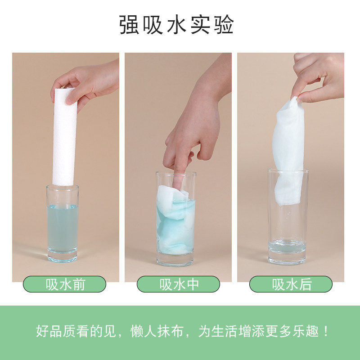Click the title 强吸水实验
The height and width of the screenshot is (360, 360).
[x=176, y=25]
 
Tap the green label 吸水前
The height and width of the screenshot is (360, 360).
[x=64, y=284]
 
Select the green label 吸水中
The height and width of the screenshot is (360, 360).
[x=178, y=284]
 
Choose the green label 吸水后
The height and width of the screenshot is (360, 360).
[x=291, y=284]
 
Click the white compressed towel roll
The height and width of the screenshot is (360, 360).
[x=64, y=137]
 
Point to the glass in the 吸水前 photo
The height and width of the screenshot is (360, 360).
[x=63, y=223]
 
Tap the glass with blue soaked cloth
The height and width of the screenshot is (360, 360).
[x=175, y=219]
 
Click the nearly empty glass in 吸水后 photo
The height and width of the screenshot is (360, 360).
[x=288, y=216]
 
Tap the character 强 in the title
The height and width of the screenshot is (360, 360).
[x=129, y=25]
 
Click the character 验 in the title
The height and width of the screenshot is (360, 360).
[x=224, y=25]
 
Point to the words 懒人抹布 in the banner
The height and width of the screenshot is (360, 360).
[x=157, y=331]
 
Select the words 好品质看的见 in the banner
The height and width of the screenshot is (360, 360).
[x=76, y=331]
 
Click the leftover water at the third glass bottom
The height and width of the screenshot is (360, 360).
[x=287, y=246]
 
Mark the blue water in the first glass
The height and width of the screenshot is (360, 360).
[x=63, y=229]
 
